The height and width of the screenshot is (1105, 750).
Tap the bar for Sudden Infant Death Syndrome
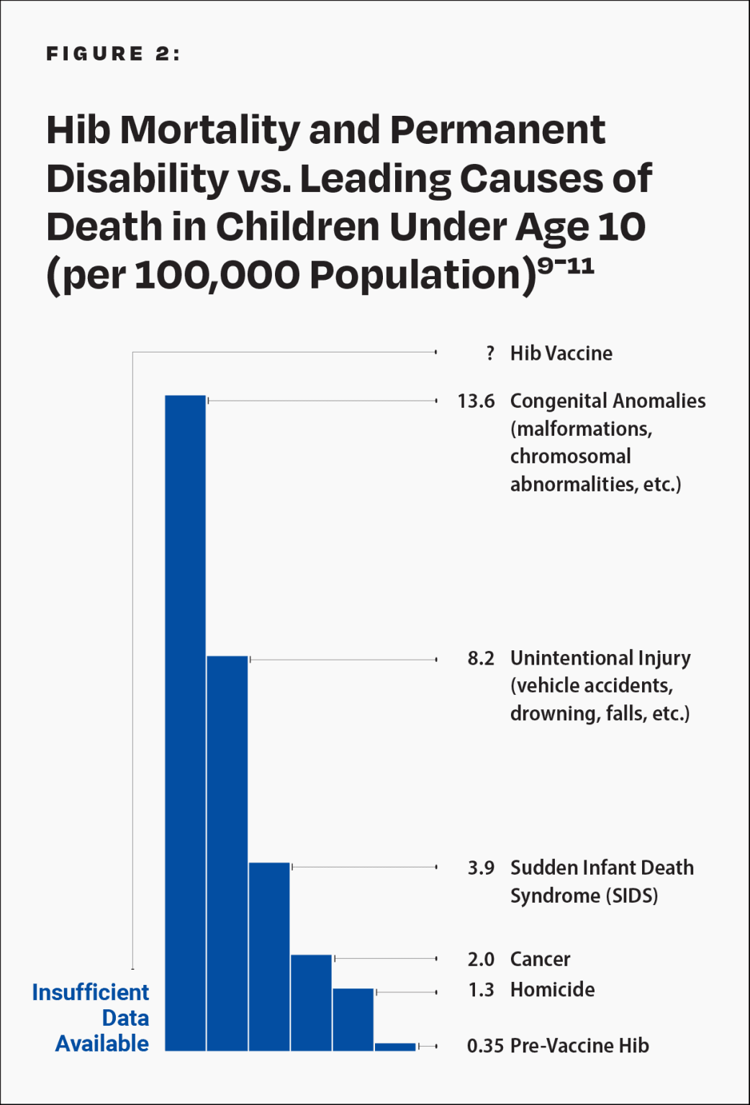tap(269, 956)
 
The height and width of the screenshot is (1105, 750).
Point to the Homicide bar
tap(353, 1019)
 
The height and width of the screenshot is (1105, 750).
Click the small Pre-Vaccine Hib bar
tap(395, 1047)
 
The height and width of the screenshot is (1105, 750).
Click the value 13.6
tap(476, 401)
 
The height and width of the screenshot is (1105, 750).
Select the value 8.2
tap(481, 658)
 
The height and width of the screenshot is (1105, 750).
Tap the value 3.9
tap(481, 868)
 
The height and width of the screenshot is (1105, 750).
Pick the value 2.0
tap(481, 959)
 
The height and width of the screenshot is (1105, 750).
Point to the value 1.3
tap(481, 990)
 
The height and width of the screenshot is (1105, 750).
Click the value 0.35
tap(484, 1046)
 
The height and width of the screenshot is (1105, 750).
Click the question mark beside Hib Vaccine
tap(490, 353)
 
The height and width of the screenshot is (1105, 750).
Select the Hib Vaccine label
tap(561, 353)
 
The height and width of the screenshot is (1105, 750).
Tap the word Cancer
tap(540, 959)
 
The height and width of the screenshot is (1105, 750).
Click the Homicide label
tap(552, 990)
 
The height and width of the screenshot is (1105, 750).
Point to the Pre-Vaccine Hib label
tap(579, 1046)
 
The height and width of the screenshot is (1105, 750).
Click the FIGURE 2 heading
tap(113, 54)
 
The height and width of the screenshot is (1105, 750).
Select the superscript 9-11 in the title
tap(566, 266)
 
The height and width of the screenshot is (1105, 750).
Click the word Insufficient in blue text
tap(91, 993)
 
